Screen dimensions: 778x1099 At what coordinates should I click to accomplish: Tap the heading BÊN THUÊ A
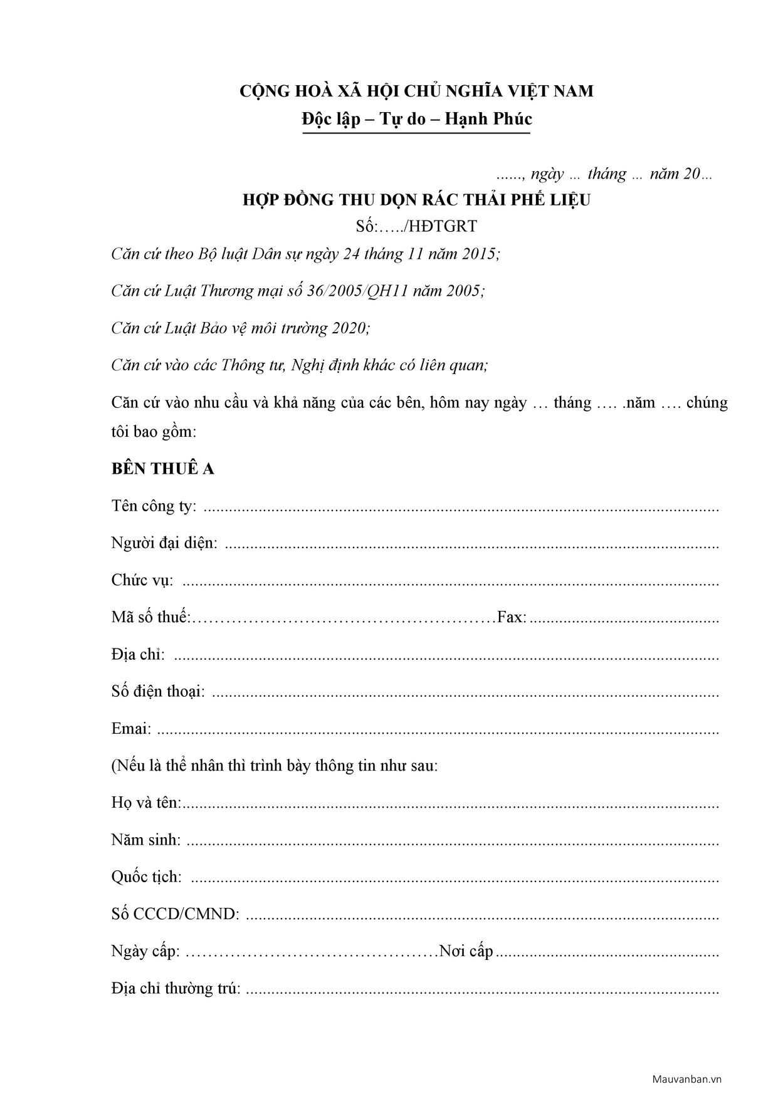[163, 469]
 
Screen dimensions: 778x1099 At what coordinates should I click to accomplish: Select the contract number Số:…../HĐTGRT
[416, 227]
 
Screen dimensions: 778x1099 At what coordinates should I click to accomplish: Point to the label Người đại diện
[164, 543]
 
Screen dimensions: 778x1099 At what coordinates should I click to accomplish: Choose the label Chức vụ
[142, 580]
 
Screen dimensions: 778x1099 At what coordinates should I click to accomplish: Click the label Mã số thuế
[150, 617]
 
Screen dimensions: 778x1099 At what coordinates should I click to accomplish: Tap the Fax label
[512, 617]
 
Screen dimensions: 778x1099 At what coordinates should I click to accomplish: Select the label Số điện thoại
[158, 691]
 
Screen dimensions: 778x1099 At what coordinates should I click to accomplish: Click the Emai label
[131, 729]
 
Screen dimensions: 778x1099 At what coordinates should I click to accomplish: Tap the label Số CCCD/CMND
[175, 914]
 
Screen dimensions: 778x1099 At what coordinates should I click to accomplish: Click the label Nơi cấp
[466, 951]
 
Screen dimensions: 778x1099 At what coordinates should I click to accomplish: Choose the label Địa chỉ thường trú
[176, 988]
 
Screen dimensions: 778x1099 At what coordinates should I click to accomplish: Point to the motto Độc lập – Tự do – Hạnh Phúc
[416, 119]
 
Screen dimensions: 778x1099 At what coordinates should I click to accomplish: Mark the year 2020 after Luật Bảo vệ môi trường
[350, 328]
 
